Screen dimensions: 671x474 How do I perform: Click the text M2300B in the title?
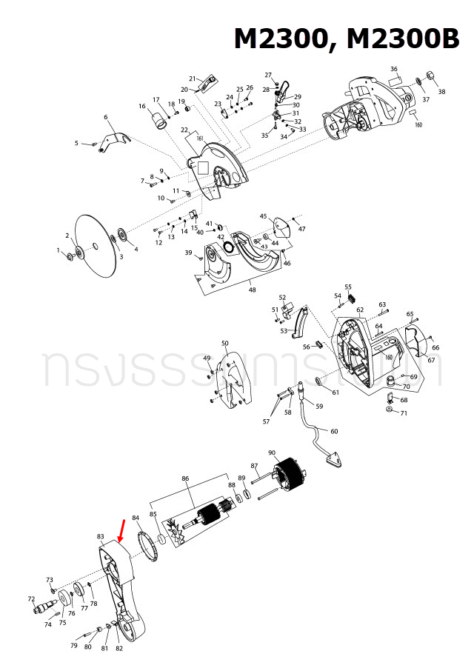click(401, 39)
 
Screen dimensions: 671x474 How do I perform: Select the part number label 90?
click(272, 453)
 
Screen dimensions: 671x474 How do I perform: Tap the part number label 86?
click(185, 479)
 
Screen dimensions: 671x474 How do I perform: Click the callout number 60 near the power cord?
click(334, 431)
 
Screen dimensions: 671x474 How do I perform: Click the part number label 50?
click(225, 343)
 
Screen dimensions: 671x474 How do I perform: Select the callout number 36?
click(394, 70)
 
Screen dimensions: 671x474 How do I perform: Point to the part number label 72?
click(32, 598)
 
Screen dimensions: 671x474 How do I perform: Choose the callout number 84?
click(136, 518)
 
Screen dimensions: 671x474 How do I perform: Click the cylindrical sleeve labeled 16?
click(158, 118)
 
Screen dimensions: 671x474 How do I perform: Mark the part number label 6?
click(106, 117)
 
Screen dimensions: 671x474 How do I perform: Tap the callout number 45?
click(263, 216)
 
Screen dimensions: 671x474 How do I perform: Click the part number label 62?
click(360, 310)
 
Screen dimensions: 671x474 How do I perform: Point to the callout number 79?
click(74, 646)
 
